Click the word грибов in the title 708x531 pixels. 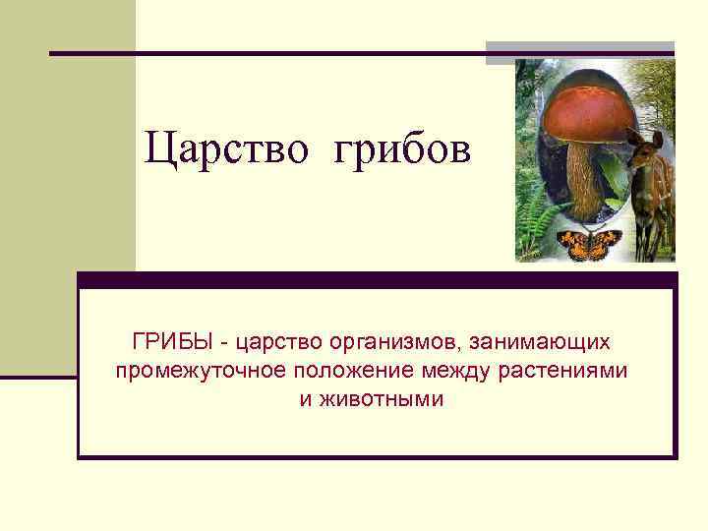[x=403, y=149]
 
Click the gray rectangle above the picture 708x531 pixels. [x=580, y=50]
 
